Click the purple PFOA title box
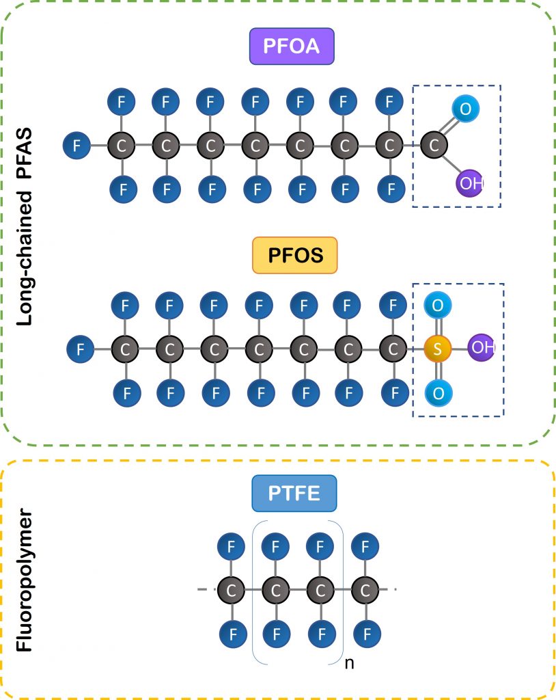[x=292, y=46]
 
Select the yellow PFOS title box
[x=295, y=255]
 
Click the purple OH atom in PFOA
[x=469, y=184]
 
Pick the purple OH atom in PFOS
[x=482, y=347]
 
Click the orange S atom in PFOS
[x=437, y=349]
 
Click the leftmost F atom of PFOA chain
[x=76, y=146]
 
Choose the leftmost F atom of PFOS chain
[x=81, y=349]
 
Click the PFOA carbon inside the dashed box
[x=434, y=146]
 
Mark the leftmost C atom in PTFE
[x=232, y=590]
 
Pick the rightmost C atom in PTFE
[x=365, y=590]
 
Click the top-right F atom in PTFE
[x=365, y=546]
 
